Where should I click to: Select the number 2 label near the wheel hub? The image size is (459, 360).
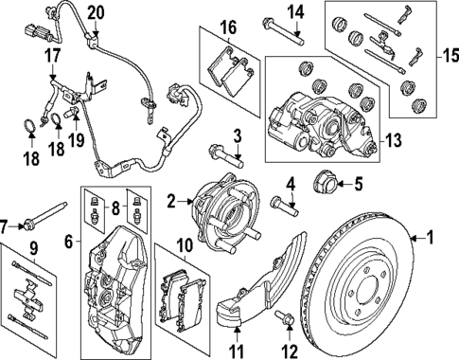169,201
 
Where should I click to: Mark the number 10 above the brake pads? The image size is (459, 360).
237,351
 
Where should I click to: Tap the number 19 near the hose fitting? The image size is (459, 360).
79,142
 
